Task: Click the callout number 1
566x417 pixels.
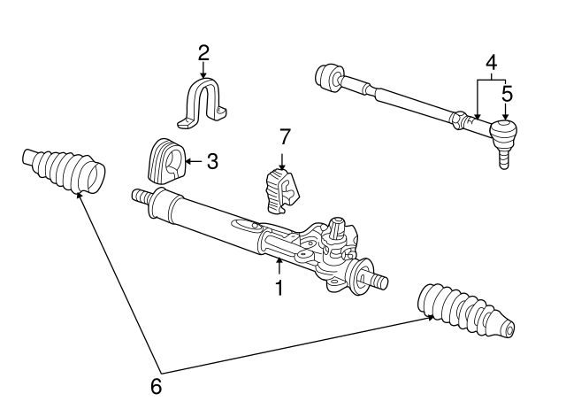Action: click(x=279, y=288)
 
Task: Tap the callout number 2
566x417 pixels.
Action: click(x=203, y=53)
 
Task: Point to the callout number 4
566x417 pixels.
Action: click(x=491, y=63)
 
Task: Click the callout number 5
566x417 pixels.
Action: click(x=507, y=91)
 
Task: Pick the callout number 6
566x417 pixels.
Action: click(x=157, y=386)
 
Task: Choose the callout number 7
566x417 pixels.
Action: click(x=284, y=136)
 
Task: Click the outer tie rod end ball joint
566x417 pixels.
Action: click(x=503, y=133)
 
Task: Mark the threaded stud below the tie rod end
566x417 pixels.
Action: click(x=504, y=159)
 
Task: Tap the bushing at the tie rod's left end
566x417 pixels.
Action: click(x=329, y=76)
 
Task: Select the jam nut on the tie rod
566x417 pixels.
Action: click(x=458, y=117)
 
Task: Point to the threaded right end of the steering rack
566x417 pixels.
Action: click(x=378, y=282)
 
